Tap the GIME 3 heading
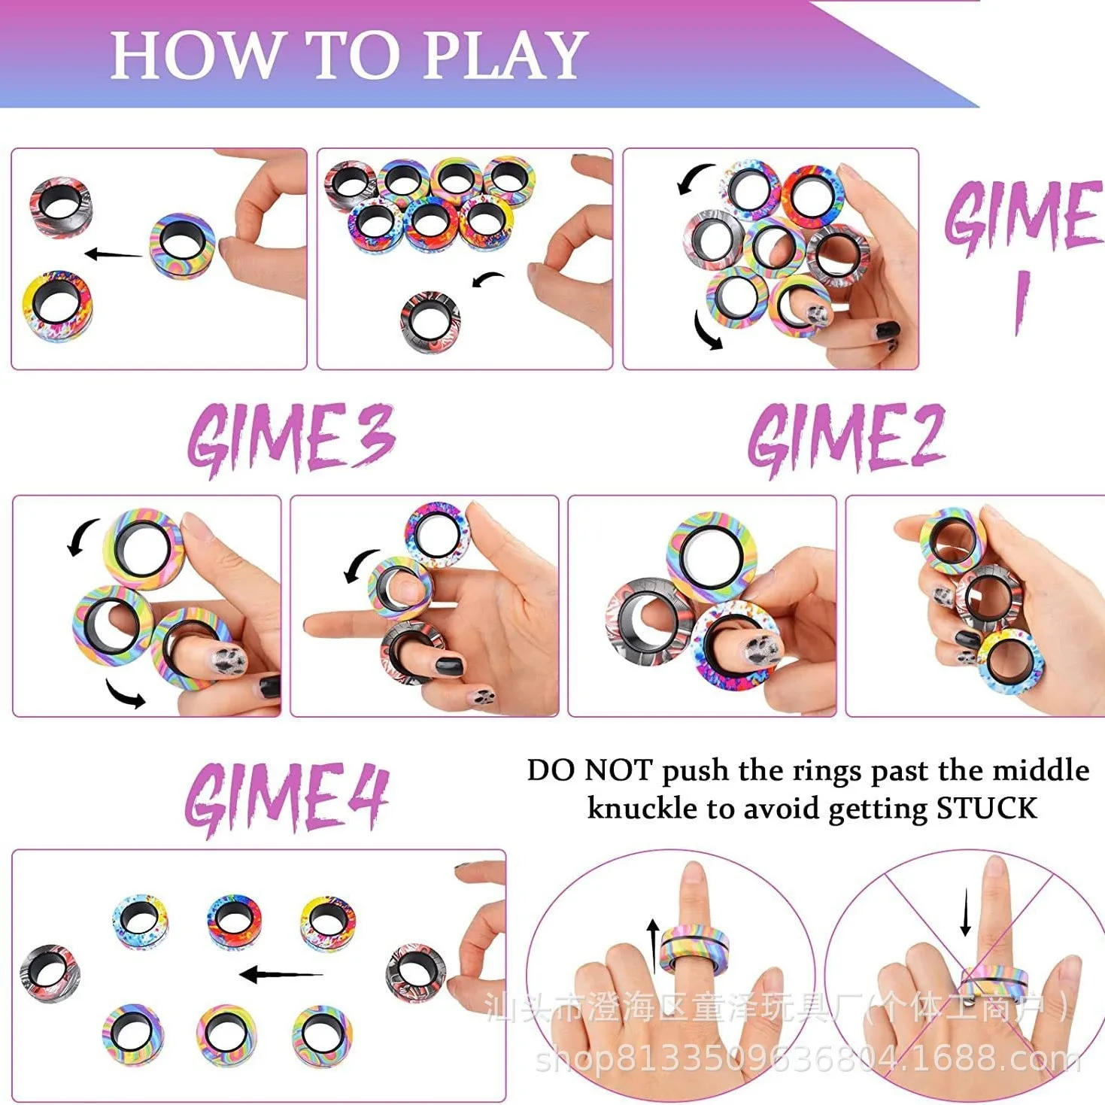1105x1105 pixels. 291,438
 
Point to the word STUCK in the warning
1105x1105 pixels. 986,809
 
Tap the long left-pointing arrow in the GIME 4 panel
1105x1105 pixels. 280,975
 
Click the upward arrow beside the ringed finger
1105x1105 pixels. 653,937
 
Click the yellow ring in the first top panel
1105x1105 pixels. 57,306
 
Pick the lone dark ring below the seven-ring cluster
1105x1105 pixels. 430,322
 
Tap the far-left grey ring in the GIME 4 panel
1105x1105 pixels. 50,972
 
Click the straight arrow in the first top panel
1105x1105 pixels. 113,254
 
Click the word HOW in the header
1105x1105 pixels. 194,56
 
